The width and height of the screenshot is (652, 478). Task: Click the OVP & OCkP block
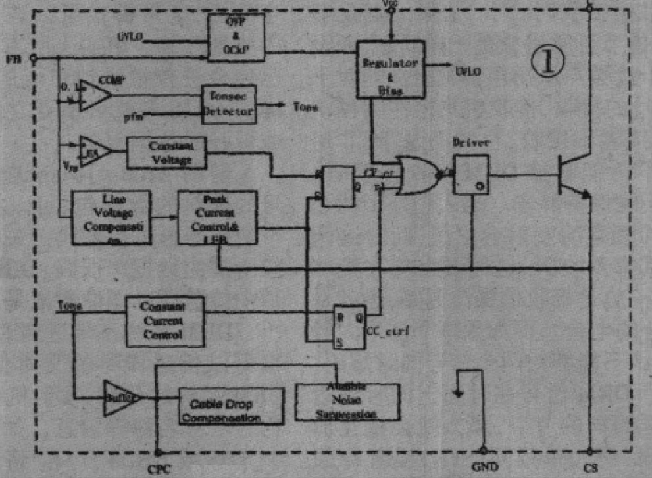tap(236, 37)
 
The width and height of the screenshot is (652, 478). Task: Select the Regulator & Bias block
tap(391, 70)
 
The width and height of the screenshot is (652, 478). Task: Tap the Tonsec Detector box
tap(228, 104)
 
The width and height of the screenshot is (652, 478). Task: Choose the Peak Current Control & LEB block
tap(216, 217)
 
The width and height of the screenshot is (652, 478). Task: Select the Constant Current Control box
tap(164, 322)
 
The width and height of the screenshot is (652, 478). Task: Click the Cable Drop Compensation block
tap(231, 406)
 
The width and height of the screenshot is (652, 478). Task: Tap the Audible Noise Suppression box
tap(347, 401)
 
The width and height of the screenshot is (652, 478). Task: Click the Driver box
tap(471, 175)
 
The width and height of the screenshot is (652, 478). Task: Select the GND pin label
tap(483, 467)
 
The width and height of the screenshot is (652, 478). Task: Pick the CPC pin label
tap(158, 468)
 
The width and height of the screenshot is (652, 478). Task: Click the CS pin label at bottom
tap(590, 467)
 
